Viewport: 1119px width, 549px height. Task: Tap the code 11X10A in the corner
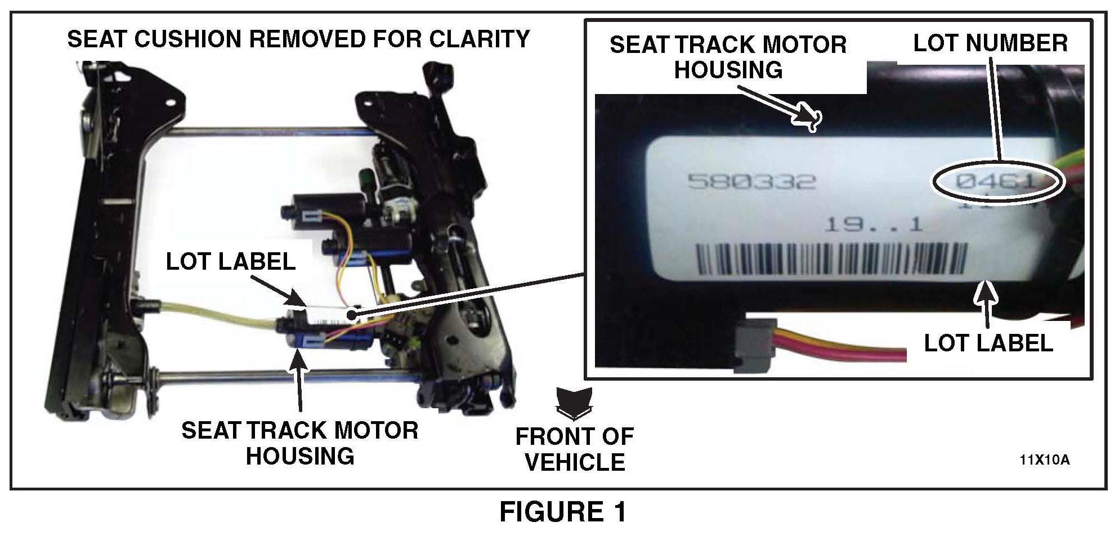tap(1044, 460)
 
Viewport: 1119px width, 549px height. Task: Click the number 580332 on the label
tap(752, 181)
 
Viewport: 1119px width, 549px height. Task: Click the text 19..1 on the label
tap(873, 225)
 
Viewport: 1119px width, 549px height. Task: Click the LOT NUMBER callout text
tap(990, 43)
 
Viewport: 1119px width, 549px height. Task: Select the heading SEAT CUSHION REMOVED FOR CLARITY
tap(298, 39)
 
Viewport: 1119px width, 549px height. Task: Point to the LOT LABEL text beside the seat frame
tap(231, 261)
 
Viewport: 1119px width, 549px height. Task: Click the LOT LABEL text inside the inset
tap(988, 343)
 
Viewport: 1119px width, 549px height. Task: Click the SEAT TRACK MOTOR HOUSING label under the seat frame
tap(300, 443)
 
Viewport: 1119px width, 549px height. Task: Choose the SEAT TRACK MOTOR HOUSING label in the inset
tap(728, 57)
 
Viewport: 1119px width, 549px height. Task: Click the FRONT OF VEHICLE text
tap(575, 449)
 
